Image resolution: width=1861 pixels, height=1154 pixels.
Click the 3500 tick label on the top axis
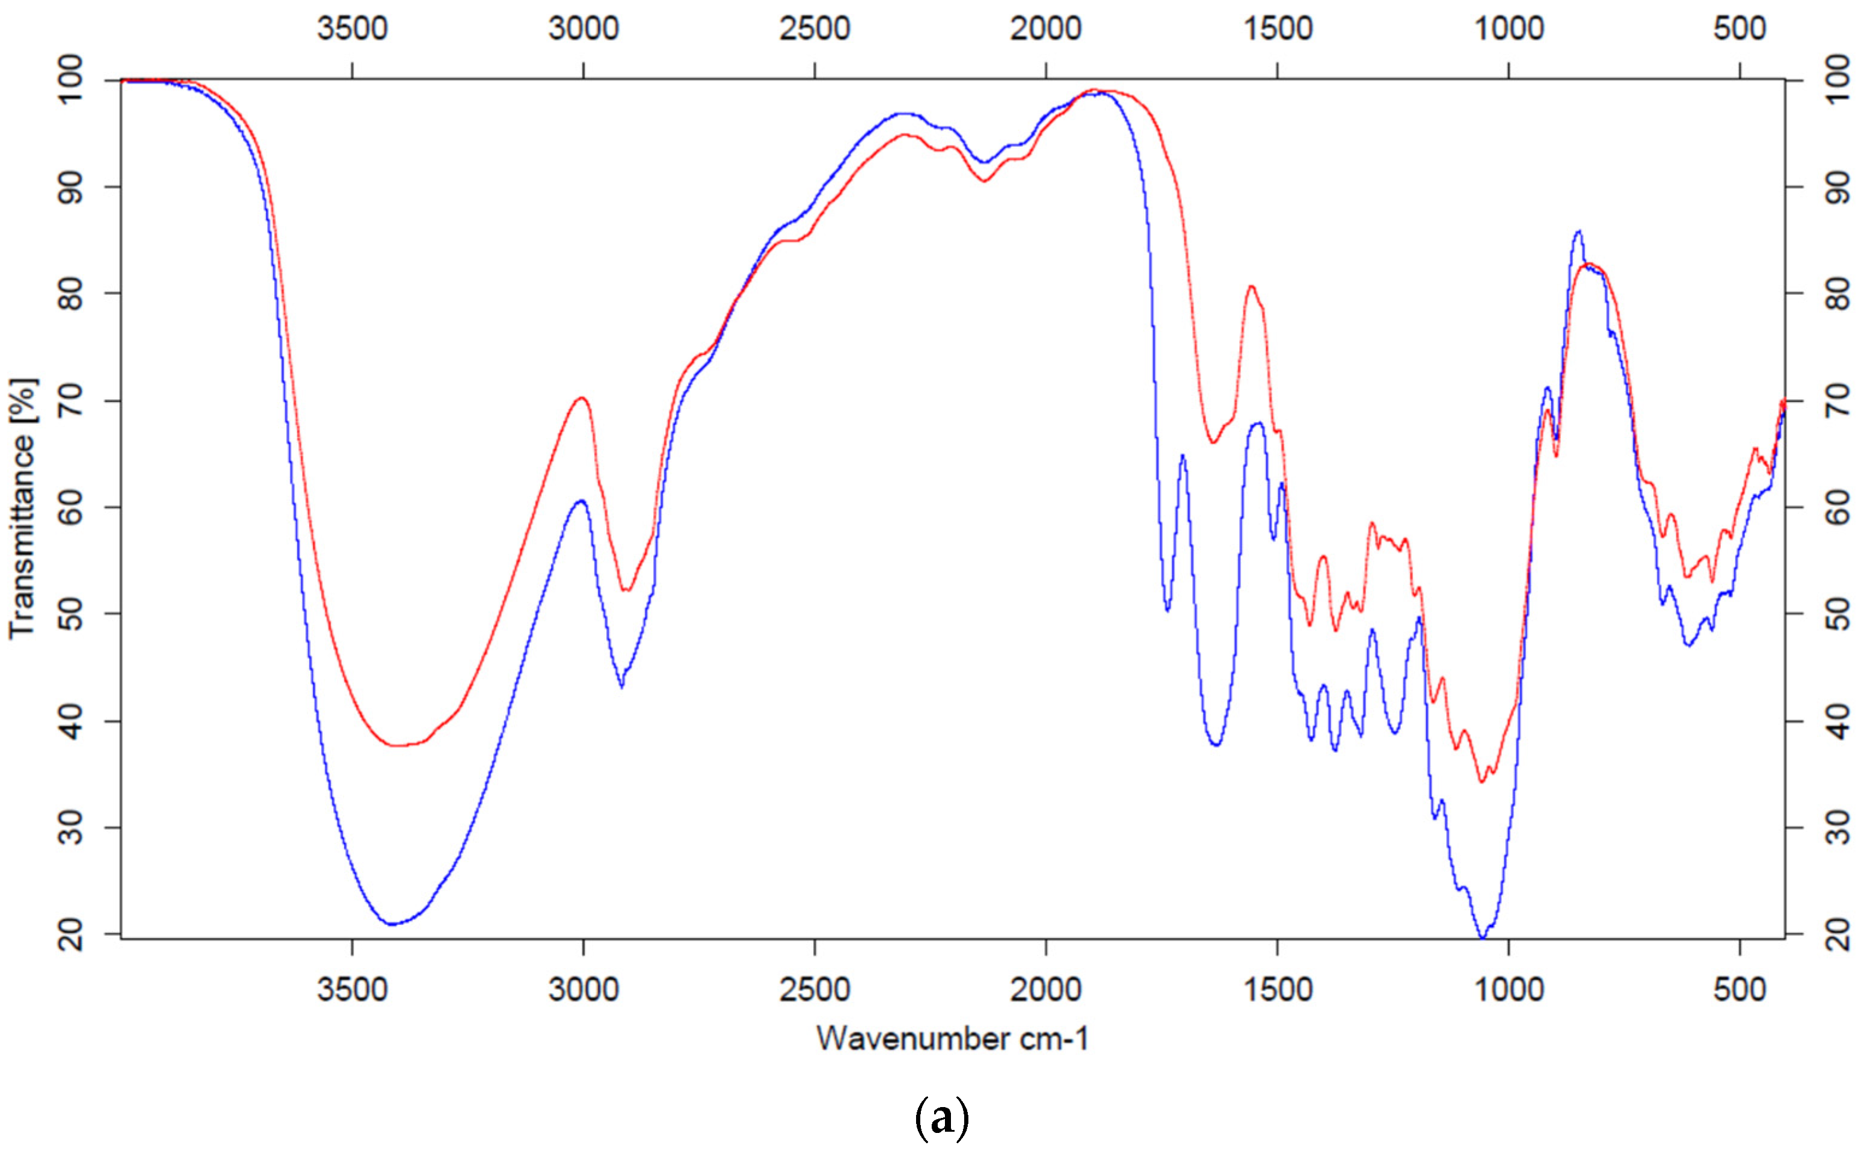tap(352, 29)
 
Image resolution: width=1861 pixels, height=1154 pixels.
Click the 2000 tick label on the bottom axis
tap(1045, 990)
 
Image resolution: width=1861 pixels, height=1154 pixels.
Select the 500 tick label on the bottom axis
tap(1739, 990)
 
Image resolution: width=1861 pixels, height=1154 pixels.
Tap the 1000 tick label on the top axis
tap(1509, 29)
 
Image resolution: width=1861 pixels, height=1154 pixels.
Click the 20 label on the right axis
tap(1839, 934)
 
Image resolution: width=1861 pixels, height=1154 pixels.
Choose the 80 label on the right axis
tap(1839, 293)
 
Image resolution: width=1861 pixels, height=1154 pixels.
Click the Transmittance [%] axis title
tap(23, 508)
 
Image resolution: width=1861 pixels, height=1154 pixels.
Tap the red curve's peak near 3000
tap(582, 398)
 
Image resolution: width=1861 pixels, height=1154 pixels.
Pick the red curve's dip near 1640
tap(1213, 442)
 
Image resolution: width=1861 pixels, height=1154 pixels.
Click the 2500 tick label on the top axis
tap(814, 29)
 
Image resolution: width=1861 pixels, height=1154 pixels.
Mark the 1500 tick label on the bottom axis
tap(1278, 990)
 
